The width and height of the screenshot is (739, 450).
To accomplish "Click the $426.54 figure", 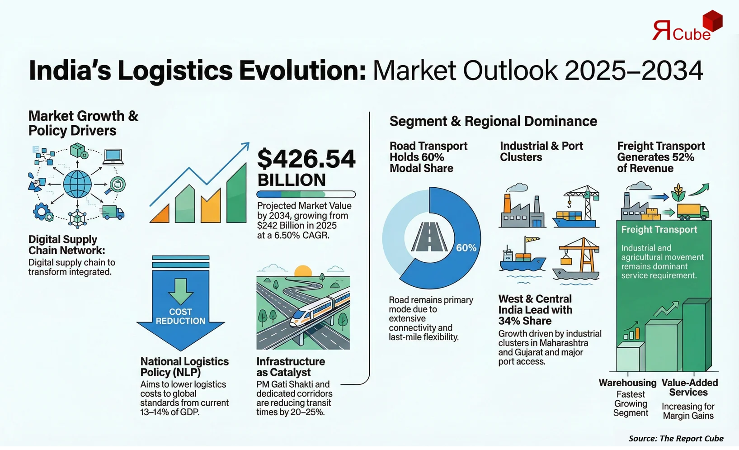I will point(306,159).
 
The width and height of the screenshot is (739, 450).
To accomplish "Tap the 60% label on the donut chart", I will point(466,248).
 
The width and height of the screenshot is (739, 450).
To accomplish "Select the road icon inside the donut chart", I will point(429,237).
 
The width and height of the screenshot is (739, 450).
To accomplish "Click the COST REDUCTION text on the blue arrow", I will point(180,316).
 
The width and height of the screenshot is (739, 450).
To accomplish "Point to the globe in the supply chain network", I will point(77,185).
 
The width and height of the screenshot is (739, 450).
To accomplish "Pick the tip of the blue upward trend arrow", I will point(247,144).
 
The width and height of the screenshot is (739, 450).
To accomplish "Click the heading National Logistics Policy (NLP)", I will point(184,367).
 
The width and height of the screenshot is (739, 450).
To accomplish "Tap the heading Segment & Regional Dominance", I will point(493,121).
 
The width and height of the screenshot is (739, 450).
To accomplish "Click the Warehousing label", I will point(627,383).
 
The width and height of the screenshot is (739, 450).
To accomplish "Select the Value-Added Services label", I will point(689,387).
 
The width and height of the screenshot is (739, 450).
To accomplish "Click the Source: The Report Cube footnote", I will point(676,438).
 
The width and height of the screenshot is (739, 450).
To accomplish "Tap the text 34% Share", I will point(525,321).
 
